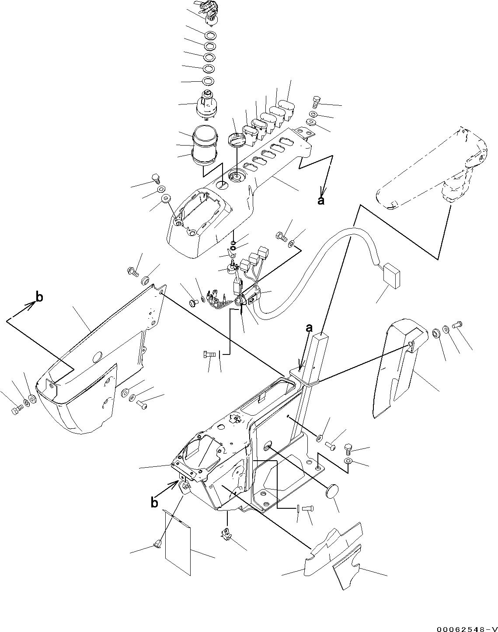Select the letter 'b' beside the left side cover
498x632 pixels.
coord(39,298)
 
